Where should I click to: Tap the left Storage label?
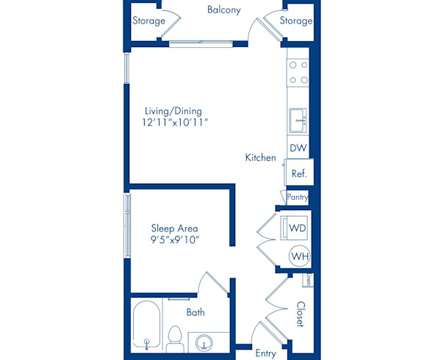pos(148,21)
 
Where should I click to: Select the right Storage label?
pos(296,21)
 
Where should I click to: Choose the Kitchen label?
pos(260,158)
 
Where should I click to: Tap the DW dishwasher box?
pos(298,148)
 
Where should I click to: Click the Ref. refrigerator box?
pos(298,174)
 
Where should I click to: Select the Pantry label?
pos(298,197)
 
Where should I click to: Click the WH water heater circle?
pos(298,256)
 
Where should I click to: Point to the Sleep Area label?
pos(175,228)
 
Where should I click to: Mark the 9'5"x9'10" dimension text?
pos(175,240)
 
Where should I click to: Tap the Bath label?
pos(195,312)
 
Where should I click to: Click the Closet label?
pos(300,314)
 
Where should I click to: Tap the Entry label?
pos(265,353)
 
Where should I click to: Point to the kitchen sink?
pos(299,120)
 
